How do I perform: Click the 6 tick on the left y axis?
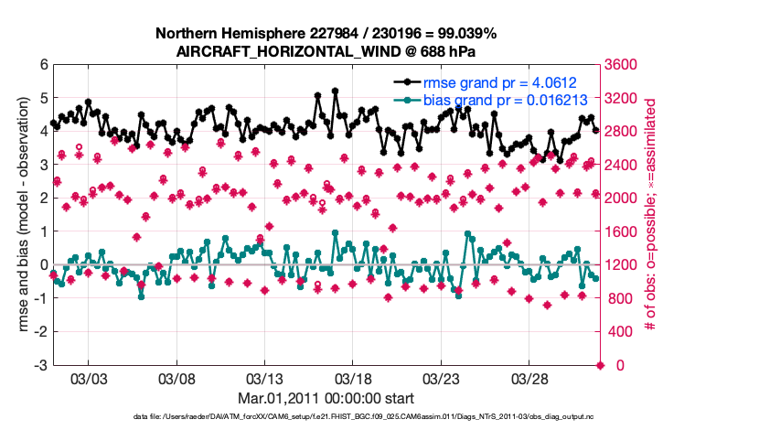point(43,65)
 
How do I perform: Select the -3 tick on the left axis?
point(40,365)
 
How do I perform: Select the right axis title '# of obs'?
point(652,215)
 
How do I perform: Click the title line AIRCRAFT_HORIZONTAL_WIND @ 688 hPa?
point(326,50)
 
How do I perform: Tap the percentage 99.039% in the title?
point(465,33)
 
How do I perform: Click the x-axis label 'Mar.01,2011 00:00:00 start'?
point(326,398)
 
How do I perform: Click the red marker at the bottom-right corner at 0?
point(601,365)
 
